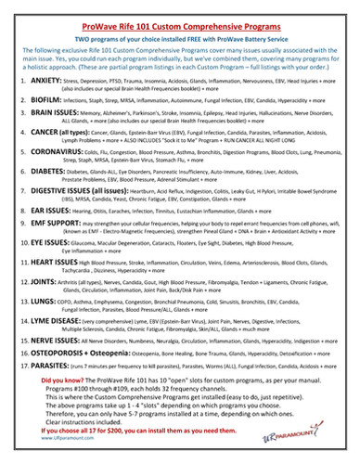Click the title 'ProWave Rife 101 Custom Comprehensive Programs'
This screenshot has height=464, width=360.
coord(179,11)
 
